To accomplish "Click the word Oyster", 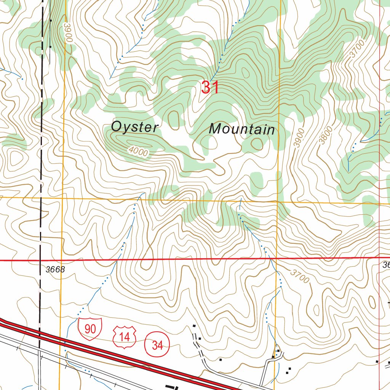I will click(134, 127).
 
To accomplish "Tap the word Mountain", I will click(242, 129).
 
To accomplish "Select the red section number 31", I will click(210, 88).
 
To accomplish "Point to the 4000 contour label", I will click(138, 151).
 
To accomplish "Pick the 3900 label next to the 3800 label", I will click(300, 138).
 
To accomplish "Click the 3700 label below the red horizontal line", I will click(299, 276).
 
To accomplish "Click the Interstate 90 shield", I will click(90, 328).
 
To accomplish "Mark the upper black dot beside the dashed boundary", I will click(50, 20).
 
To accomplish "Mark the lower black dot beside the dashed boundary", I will click(50, 46).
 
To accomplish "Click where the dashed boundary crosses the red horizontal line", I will click(40, 261).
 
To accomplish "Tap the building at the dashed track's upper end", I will click(194, 326).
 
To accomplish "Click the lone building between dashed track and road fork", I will click(220, 359).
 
